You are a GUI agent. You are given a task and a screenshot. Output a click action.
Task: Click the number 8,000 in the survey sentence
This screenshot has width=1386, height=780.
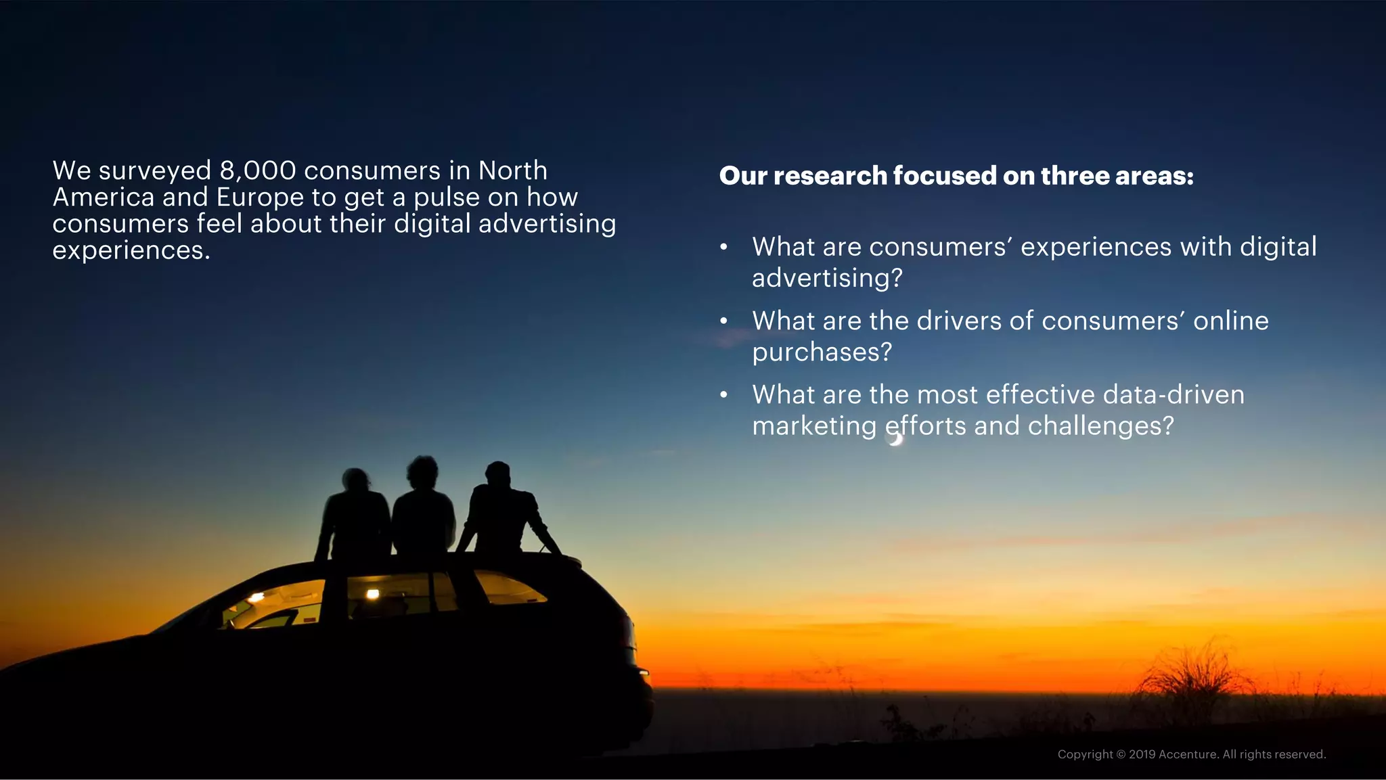(258, 171)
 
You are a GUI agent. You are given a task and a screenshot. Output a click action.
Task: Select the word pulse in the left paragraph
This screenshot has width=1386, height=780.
(447, 198)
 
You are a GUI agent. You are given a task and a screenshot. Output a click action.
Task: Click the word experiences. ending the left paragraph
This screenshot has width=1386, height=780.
(131, 250)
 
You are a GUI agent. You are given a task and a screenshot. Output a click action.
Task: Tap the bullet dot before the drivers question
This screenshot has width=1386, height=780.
(723, 321)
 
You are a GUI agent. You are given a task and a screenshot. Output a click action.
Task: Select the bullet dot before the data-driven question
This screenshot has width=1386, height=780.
(723, 395)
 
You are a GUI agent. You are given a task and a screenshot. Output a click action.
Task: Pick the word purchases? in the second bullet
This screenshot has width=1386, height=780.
(822, 352)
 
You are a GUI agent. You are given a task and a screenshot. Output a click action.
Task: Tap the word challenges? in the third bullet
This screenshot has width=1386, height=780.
(1100, 426)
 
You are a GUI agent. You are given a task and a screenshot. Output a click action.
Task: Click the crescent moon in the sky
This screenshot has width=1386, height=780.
(896, 439)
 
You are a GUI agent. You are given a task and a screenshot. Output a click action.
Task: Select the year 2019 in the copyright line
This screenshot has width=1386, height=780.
(1142, 754)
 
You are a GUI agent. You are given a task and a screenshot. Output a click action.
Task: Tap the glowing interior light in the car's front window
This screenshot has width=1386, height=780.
(256, 597)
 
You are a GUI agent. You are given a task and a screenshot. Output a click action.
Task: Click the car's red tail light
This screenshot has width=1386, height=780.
(643, 672)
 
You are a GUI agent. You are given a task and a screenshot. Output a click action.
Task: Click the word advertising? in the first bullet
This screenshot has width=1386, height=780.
(827, 279)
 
